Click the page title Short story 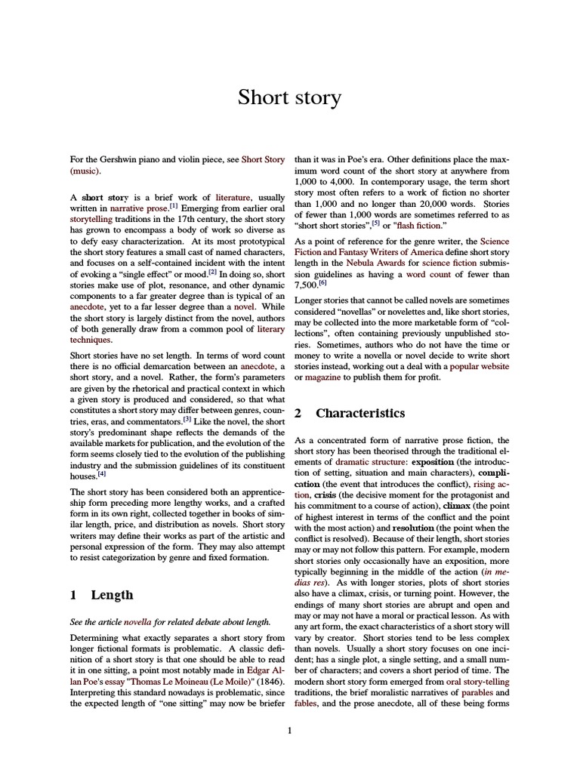(x=289, y=97)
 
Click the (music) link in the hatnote (x=84, y=171)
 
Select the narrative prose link (x=139, y=207)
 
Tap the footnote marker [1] (x=174, y=205)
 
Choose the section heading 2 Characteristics (x=350, y=413)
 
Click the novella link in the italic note (x=137, y=622)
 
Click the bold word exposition (x=432, y=461)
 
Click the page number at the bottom (x=289, y=730)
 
